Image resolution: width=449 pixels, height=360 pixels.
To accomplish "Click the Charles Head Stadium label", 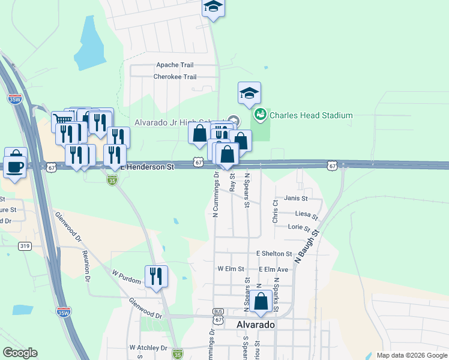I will tap(310, 115).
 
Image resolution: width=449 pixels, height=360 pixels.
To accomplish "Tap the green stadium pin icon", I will tap(261, 115).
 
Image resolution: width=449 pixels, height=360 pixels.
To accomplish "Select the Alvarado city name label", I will tap(256, 324).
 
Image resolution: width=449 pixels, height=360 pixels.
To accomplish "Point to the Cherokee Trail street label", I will tap(175, 77).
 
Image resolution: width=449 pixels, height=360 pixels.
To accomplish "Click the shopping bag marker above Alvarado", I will tap(261, 302).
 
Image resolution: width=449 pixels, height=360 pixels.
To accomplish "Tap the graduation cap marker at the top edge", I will tap(212, 8).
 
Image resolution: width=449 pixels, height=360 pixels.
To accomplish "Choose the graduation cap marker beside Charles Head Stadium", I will tap(249, 93).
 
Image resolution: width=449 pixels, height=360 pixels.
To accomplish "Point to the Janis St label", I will tap(296, 198).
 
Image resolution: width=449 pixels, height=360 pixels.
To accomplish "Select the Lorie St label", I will tap(299, 227).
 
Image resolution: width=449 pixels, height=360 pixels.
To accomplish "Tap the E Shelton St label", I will tap(274, 254).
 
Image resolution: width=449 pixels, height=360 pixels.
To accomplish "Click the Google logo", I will tap(20, 353).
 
